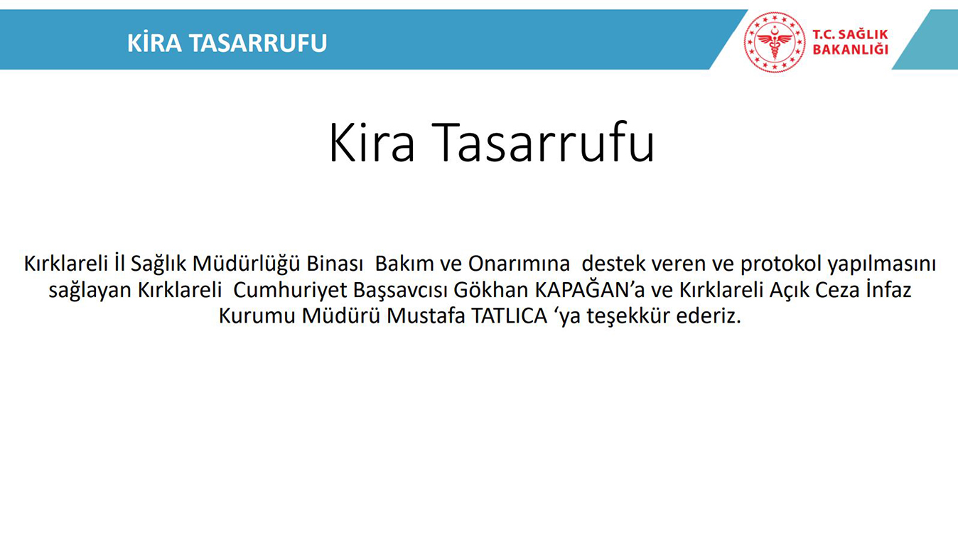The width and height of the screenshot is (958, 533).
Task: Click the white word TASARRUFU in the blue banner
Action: pos(258,43)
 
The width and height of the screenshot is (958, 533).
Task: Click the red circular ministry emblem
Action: pos(775,42)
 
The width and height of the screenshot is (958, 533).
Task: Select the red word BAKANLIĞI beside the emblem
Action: pos(850,50)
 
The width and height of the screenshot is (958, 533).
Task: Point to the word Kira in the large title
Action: pos(372,142)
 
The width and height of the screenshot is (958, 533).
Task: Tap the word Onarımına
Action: pos(519,264)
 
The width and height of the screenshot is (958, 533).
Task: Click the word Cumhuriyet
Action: pos(290,291)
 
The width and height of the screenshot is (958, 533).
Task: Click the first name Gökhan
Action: pos(491,290)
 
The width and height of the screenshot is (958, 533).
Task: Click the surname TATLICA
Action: pos(510,316)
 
